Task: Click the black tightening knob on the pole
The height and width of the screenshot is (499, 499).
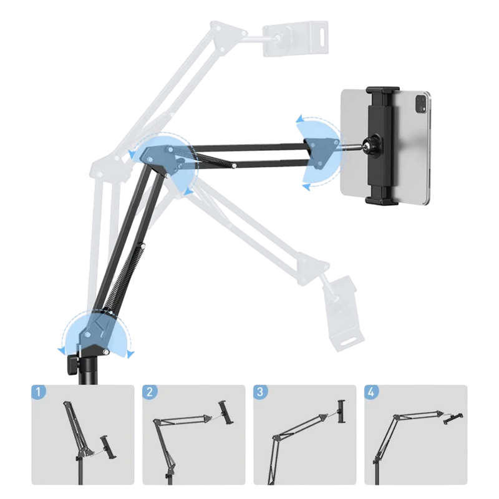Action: click(x=72, y=364)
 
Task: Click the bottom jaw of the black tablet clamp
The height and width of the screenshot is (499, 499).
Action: click(x=381, y=200)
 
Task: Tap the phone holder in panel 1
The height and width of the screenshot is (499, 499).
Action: click(x=107, y=447)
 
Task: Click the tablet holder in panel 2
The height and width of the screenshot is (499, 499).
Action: click(x=226, y=412)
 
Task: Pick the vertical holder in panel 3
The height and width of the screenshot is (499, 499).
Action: click(x=341, y=412)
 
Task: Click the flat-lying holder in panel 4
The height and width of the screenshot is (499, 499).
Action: click(x=453, y=418)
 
